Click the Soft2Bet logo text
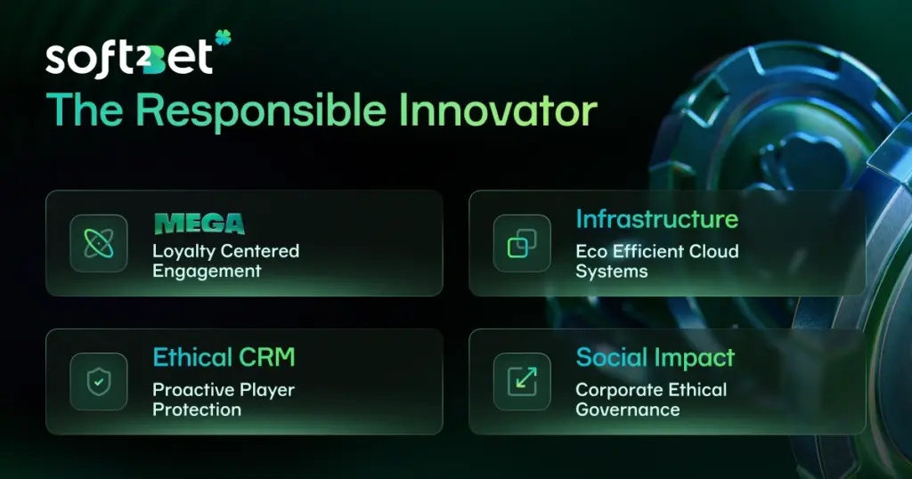[129, 58]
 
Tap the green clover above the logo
[223, 37]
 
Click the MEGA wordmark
[198, 223]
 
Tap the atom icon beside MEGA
[98, 243]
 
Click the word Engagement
[207, 271]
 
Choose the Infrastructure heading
[656, 219]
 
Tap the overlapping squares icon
[522, 243]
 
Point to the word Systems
[611, 272]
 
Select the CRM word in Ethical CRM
[265, 358]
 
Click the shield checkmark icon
[98, 381]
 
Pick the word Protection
[197, 410]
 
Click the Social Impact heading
[655, 358]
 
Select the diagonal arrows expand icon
[522, 381]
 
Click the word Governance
[627, 410]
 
